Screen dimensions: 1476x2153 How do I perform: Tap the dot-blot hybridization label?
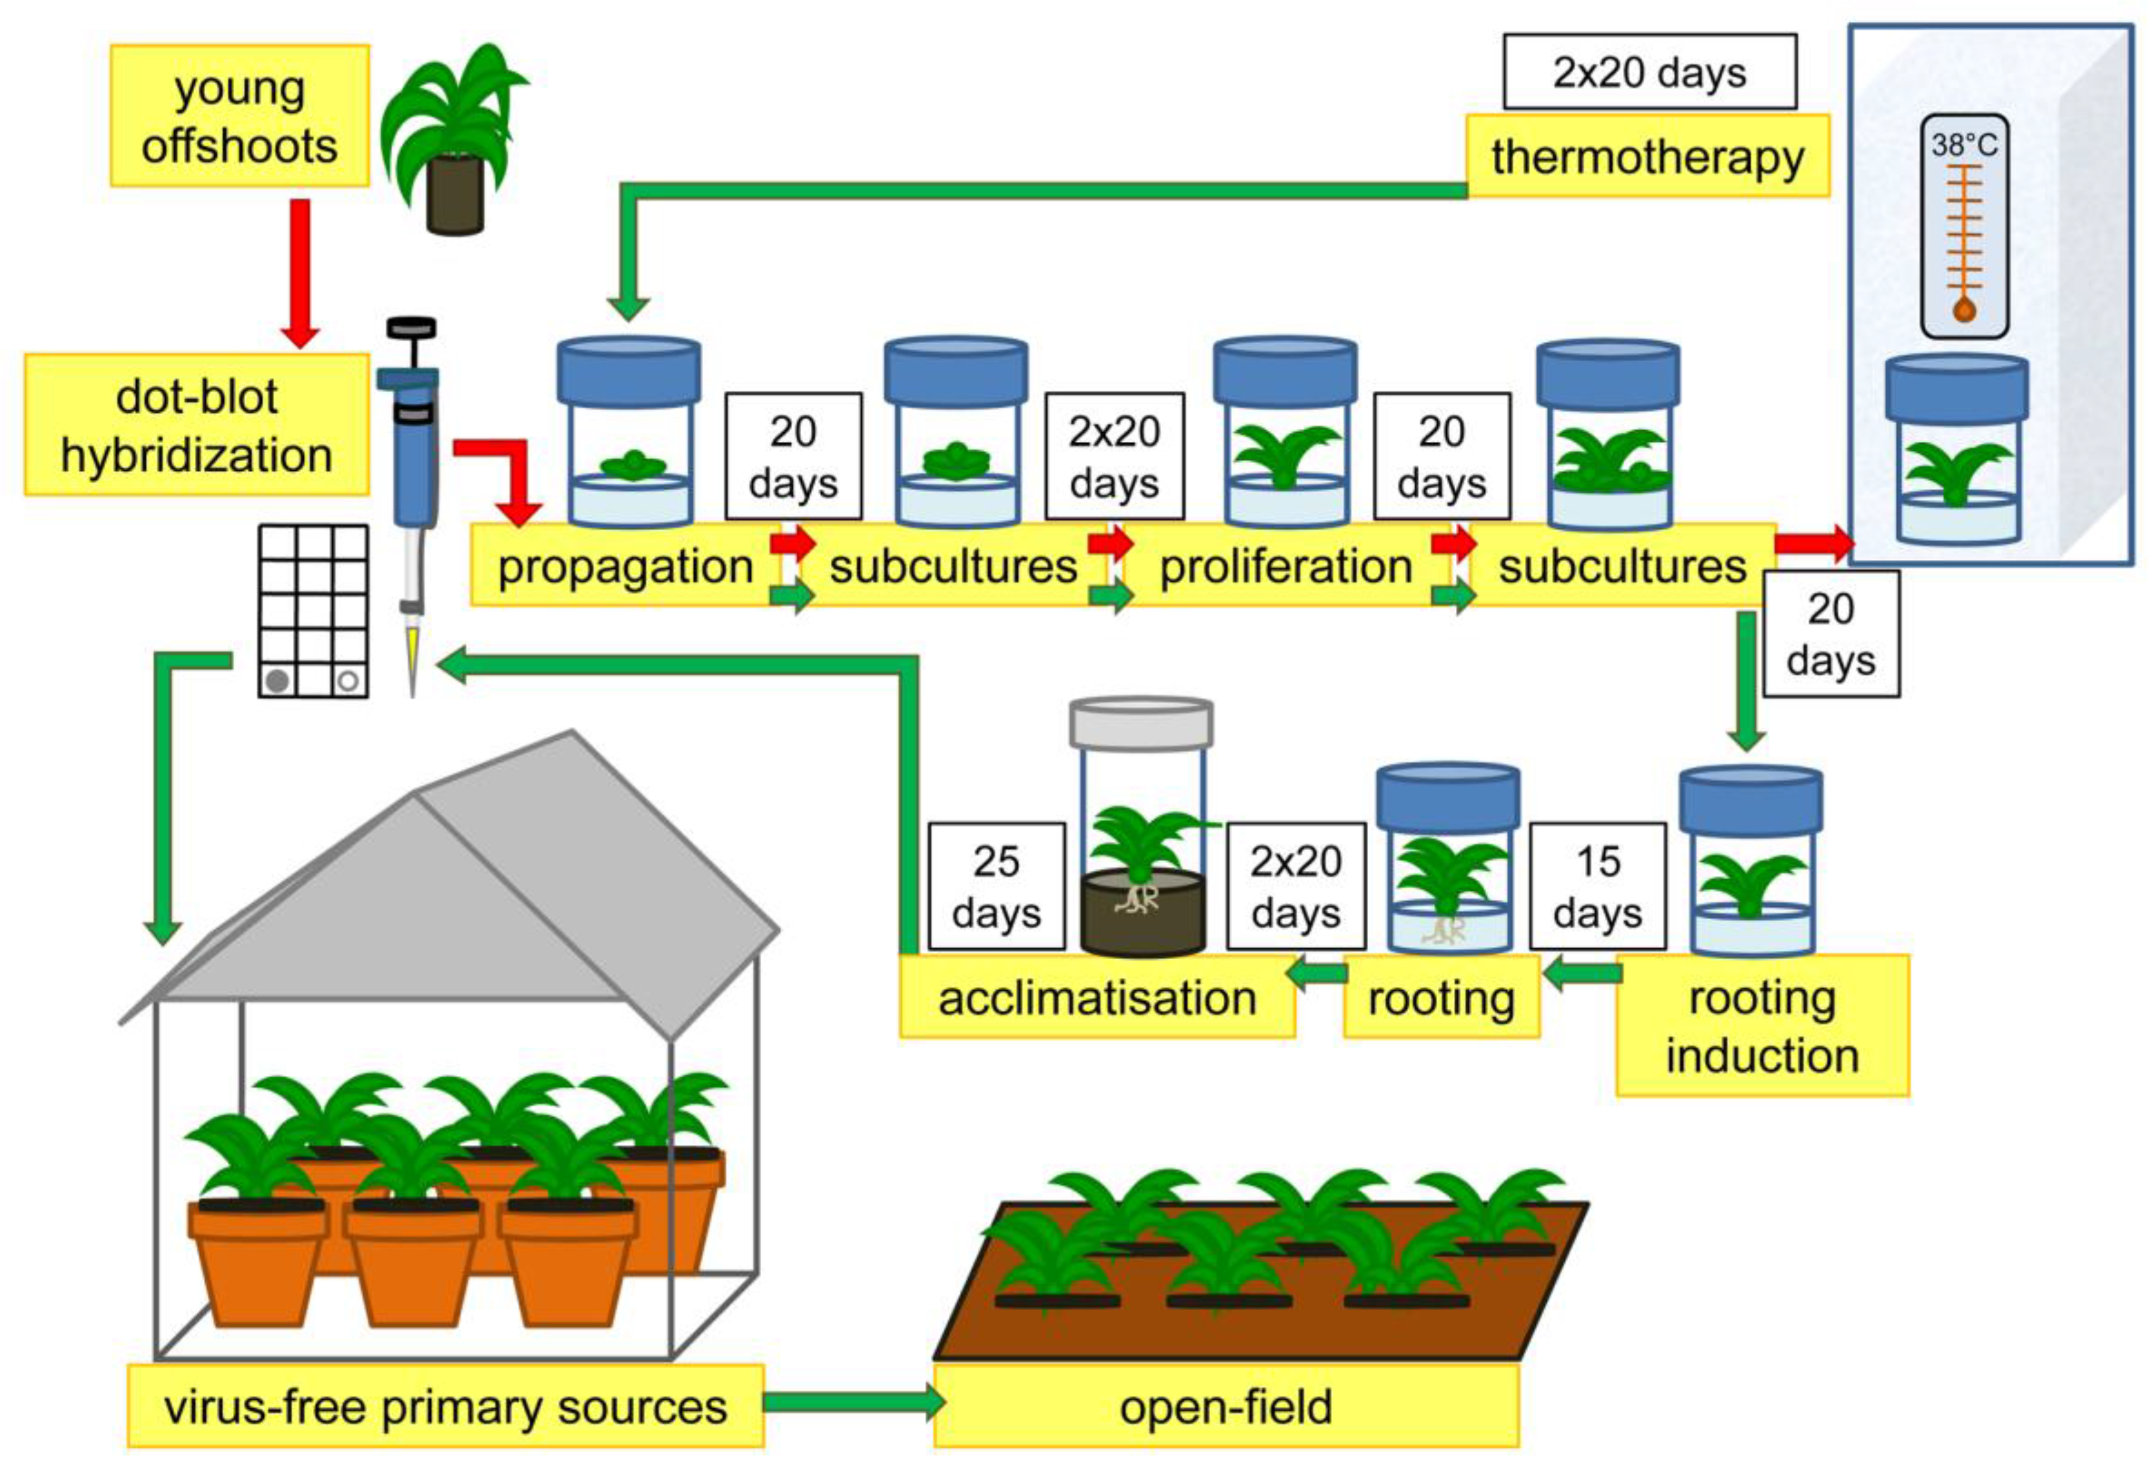(x=197, y=425)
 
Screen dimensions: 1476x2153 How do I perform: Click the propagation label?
(x=625, y=566)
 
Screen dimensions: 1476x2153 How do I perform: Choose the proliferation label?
(x=1285, y=566)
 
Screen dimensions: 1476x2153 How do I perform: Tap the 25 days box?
(x=997, y=887)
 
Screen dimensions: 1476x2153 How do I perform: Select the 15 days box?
(x=1597, y=887)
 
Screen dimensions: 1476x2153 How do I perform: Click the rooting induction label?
(x=1762, y=1026)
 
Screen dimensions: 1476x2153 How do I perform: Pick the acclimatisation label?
(x=1097, y=999)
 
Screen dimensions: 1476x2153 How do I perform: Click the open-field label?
(x=1225, y=1406)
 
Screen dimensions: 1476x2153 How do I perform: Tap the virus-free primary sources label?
(x=445, y=1406)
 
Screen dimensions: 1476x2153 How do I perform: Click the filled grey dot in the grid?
(x=276, y=681)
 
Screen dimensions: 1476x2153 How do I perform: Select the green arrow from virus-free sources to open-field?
(x=850, y=1403)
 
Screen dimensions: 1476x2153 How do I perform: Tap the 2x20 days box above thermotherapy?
(x=1649, y=72)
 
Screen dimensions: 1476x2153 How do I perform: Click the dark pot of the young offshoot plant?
(x=455, y=195)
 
